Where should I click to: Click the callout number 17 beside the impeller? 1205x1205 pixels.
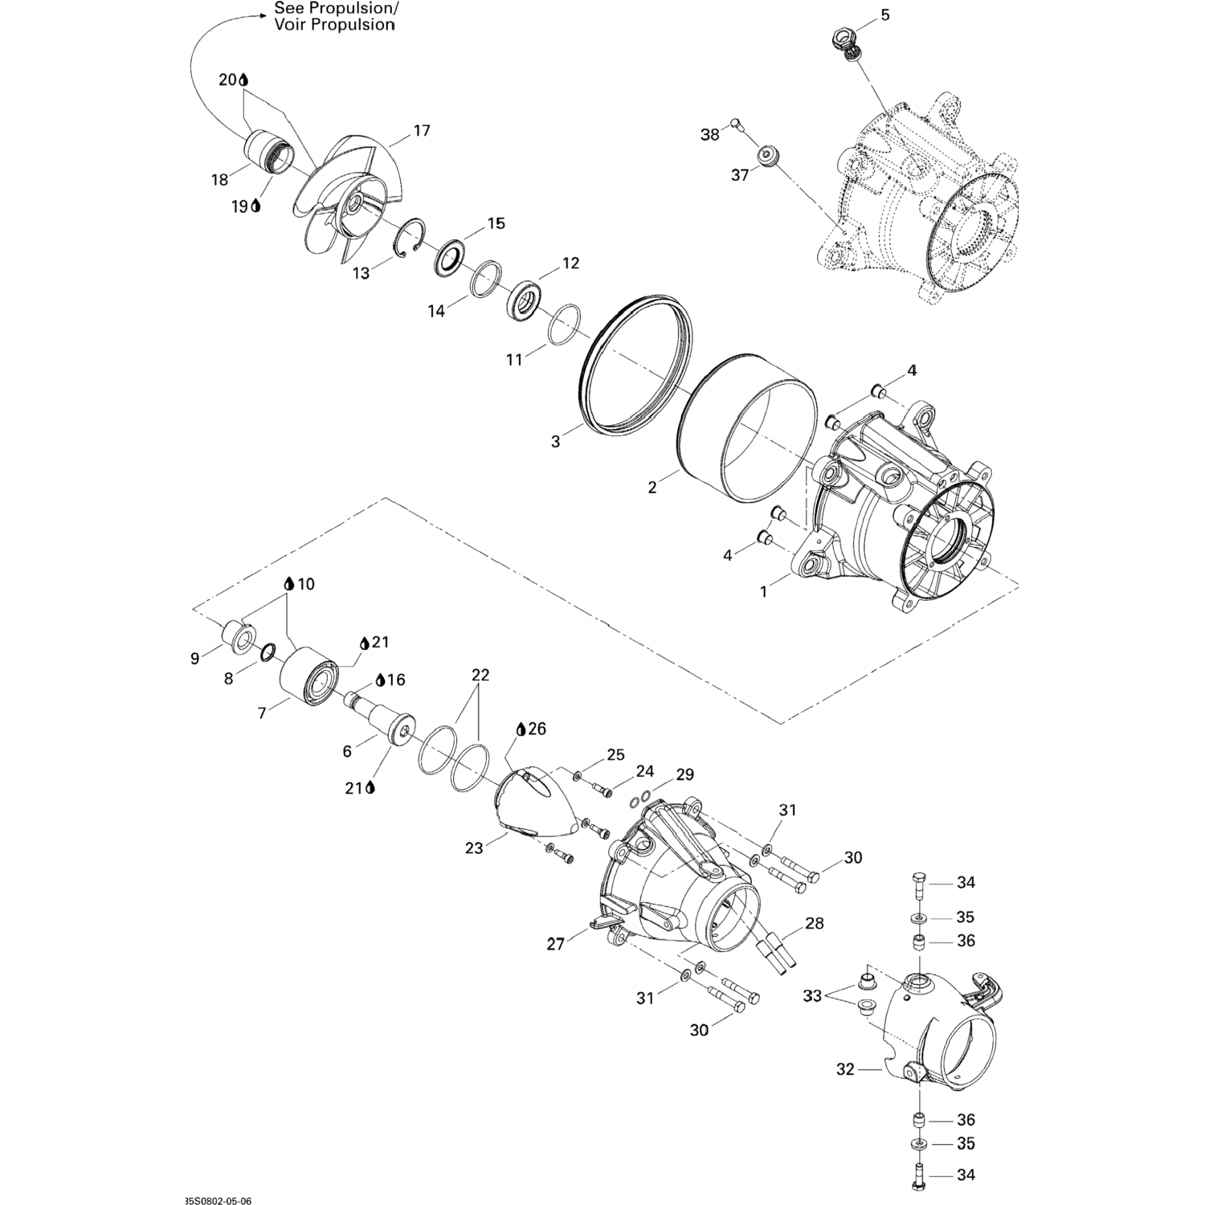point(422,131)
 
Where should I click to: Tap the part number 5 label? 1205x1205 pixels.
point(885,15)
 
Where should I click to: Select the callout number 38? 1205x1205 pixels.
point(710,135)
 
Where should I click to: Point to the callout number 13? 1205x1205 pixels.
point(361,274)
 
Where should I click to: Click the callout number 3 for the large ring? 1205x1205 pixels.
point(555,442)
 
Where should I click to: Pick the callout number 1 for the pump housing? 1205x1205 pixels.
point(763,592)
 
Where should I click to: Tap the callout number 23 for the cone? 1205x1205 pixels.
point(474,848)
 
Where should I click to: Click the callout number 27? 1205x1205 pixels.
point(556,945)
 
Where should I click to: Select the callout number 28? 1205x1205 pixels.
point(815,924)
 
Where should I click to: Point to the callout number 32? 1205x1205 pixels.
point(846,1069)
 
